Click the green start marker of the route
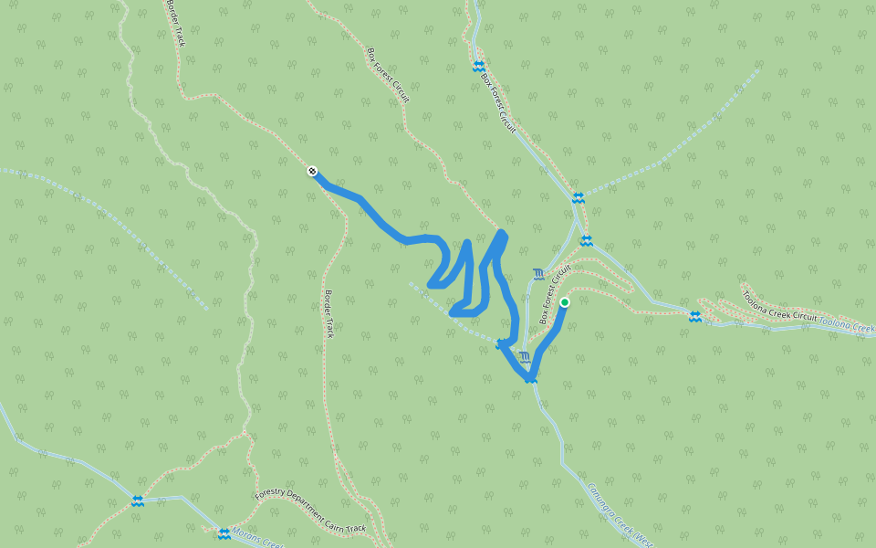tap(565, 302)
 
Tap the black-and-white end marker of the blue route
tap(312, 171)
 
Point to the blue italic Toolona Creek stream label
tap(846, 324)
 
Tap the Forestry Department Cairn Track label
tap(310, 511)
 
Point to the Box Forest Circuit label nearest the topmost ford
tap(498, 102)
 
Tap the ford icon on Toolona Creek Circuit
tap(695, 316)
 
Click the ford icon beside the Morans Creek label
tap(224, 533)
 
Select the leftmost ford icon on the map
tap(137, 501)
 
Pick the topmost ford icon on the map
tap(478, 66)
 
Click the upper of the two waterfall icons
tap(538, 273)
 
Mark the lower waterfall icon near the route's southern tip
tap(525, 356)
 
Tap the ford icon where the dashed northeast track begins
tap(578, 197)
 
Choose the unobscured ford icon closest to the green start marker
tap(586, 240)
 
